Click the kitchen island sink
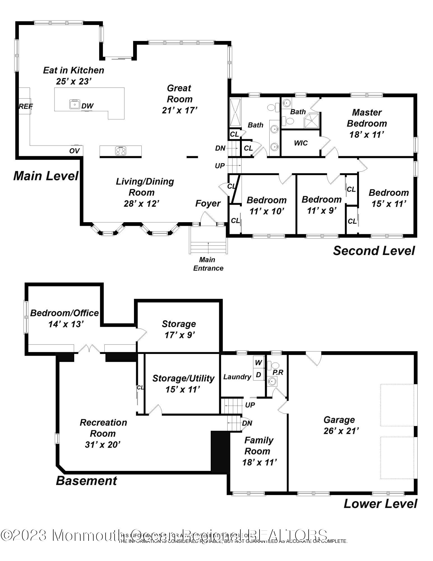click(75, 104)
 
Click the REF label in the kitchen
click(26, 106)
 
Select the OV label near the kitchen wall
click(75, 151)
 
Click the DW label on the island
click(87, 106)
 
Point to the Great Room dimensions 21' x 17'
click(180, 110)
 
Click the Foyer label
click(208, 203)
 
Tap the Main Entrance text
click(208, 264)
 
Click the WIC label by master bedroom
click(301, 143)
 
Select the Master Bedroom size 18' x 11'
click(366, 135)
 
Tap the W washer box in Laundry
click(258, 362)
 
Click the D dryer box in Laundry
click(258, 375)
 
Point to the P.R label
click(278, 372)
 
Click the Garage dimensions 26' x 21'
click(341, 431)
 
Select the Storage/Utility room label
click(183, 378)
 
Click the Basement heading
click(86, 481)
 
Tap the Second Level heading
click(374, 250)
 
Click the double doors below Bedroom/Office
click(89, 349)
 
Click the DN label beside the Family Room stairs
click(247, 423)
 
